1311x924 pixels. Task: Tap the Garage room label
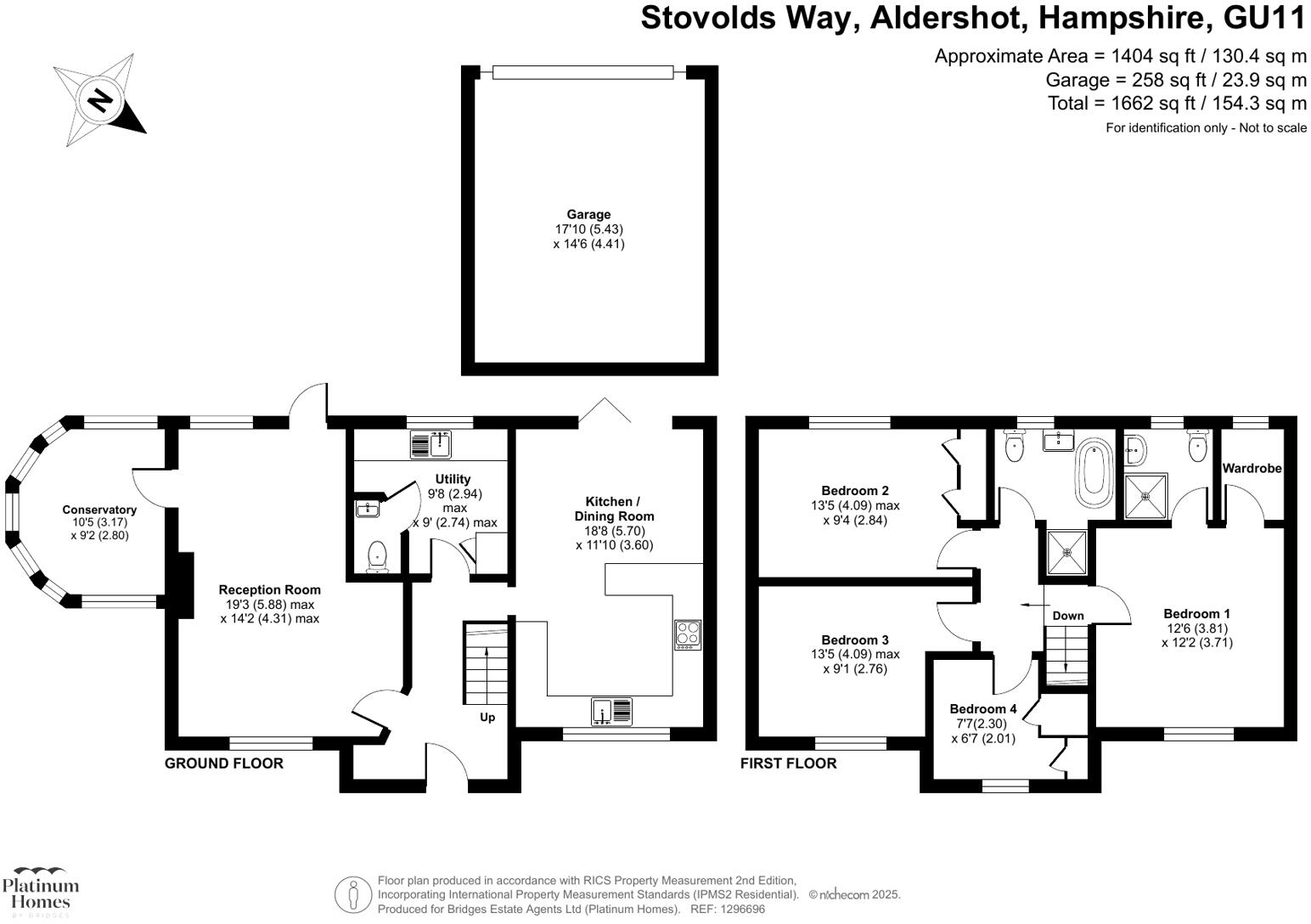coord(588,215)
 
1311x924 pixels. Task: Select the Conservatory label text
coord(99,510)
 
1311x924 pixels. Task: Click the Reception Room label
coord(269,589)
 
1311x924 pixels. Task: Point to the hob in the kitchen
coord(688,635)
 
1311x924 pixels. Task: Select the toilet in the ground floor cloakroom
coord(378,557)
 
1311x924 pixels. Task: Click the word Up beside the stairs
coord(487,717)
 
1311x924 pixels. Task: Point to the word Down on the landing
coord(1067,616)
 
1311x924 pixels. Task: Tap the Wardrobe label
coord(1252,468)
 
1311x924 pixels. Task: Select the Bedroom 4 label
coord(982,709)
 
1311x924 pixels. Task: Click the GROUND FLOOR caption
coord(223,763)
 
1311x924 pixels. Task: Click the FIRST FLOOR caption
coord(788,763)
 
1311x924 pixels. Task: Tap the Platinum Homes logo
coord(41,891)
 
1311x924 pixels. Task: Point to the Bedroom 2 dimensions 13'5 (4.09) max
coord(855,505)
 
